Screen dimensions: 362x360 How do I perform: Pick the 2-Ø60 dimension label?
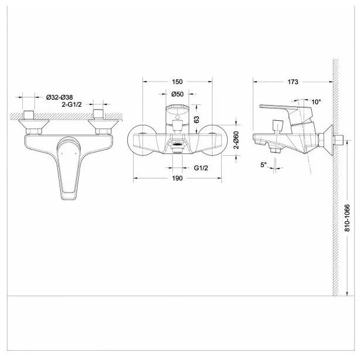(236, 141)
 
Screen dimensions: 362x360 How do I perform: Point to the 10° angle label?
(315, 102)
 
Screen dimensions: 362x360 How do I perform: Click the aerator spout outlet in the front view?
(176, 142)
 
